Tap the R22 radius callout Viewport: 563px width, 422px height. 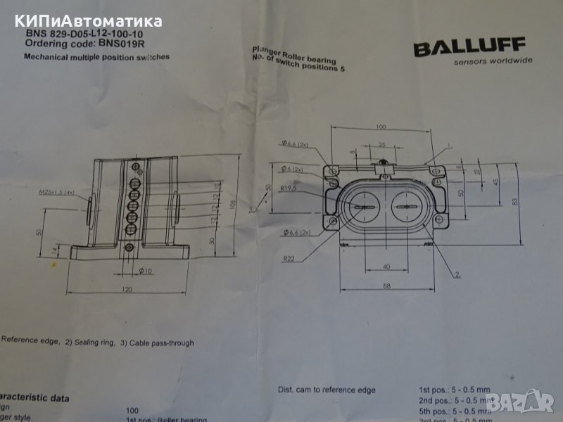(x=289, y=258)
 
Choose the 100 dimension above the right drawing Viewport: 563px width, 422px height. (x=381, y=127)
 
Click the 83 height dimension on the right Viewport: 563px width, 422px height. (x=515, y=202)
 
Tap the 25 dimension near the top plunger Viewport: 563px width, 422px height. (x=381, y=144)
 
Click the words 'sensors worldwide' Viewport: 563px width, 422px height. (x=493, y=61)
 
